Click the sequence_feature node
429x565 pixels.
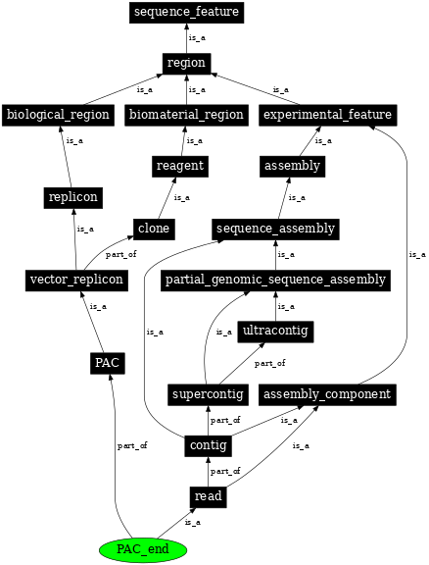[186, 13]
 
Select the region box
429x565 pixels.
[186, 64]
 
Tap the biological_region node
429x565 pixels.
[58, 115]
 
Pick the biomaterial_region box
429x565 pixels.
[186, 115]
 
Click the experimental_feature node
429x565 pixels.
[328, 115]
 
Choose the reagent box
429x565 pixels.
[180, 166]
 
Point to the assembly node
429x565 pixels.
[292, 166]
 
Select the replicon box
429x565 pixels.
[73, 197]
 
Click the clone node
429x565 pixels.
[154, 229]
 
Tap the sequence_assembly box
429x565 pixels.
[276, 229]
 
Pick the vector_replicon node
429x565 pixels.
[76, 280]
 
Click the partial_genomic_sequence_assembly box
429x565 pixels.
[276, 280]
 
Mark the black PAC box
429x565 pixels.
[107, 363]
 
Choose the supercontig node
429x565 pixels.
[207, 394]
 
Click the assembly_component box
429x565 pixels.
[328, 394]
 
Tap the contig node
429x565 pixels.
[208, 445]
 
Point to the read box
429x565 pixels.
[208, 496]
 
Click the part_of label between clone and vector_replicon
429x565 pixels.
[120, 254]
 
